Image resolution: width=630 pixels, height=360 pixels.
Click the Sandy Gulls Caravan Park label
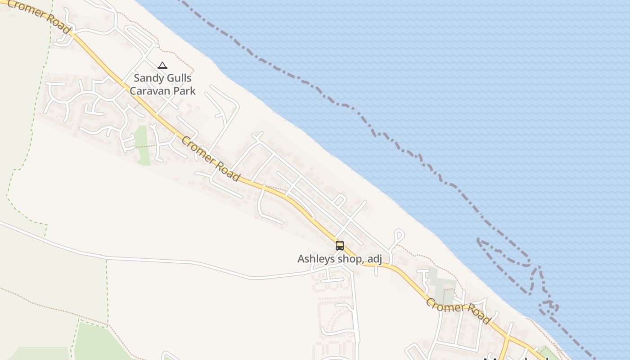[x=162, y=84]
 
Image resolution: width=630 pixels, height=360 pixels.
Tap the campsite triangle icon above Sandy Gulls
[x=162, y=65]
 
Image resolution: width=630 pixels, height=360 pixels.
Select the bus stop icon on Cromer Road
[x=340, y=246]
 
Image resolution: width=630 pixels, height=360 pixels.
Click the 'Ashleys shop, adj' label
[x=340, y=259]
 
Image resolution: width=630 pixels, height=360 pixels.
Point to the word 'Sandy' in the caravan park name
[x=148, y=78]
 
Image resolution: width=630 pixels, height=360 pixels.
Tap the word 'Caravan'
[x=151, y=90]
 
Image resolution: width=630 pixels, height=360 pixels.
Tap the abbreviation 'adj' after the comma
[x=374, y=259]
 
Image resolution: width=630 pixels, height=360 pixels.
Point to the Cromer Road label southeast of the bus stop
[x=458, y=310]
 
